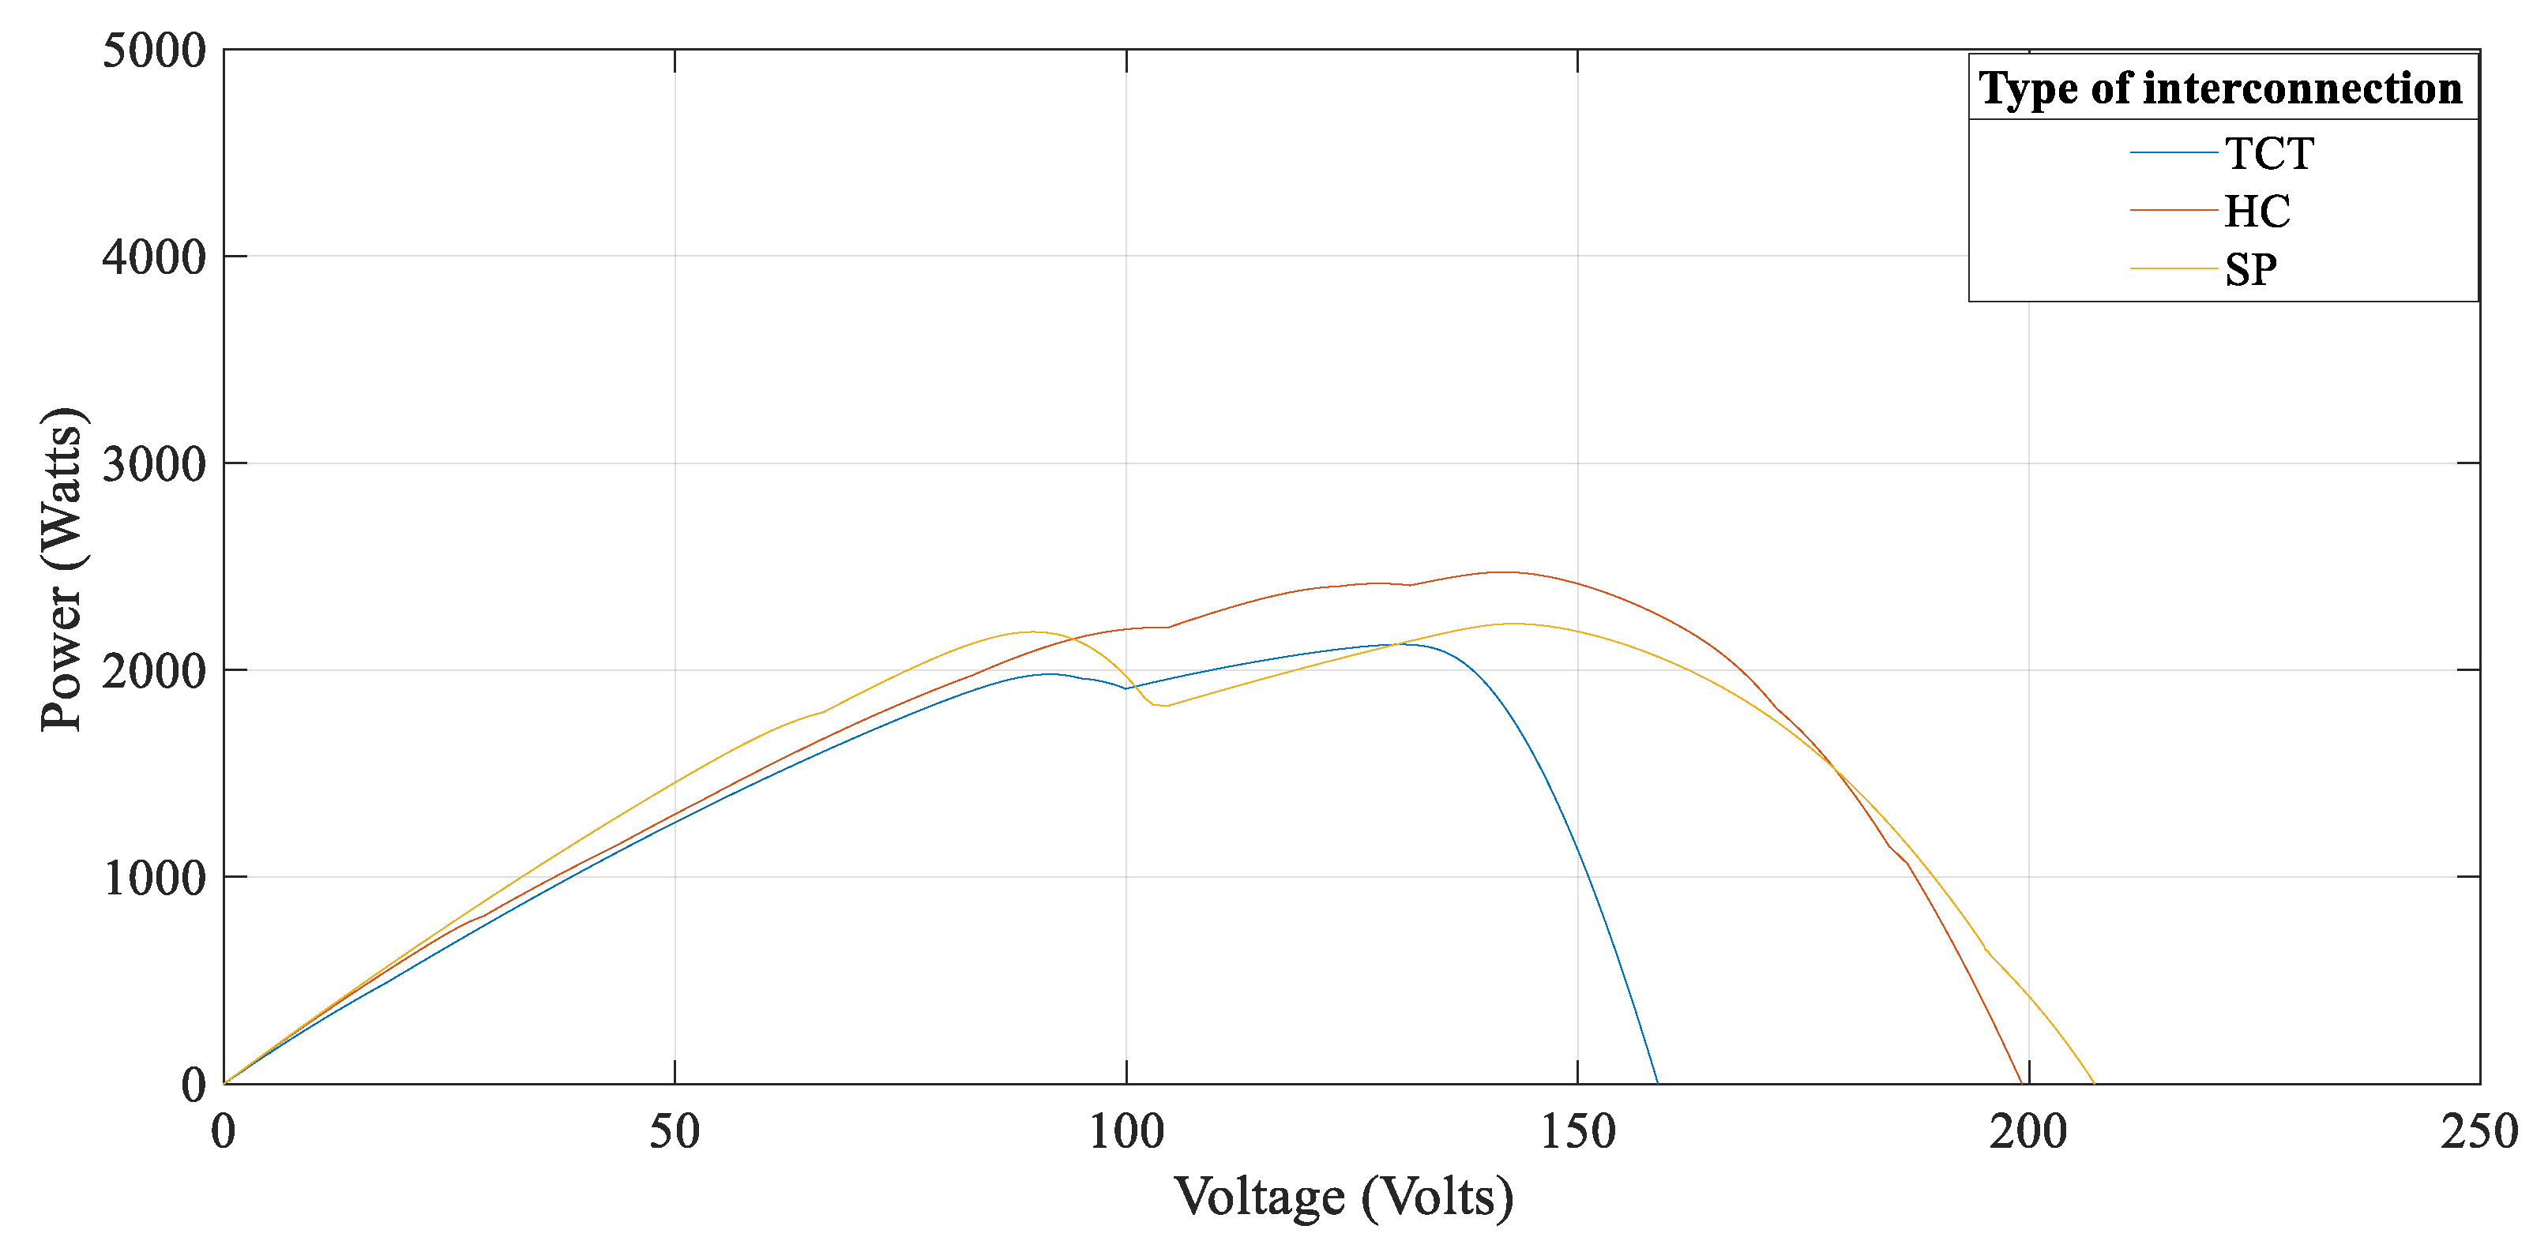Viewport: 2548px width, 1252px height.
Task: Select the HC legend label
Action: tap(2257, 211)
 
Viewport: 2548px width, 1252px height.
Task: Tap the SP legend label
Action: tap(2251, 269)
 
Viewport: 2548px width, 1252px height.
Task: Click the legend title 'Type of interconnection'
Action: tap(2220, 88)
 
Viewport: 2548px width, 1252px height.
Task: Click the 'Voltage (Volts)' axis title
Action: tap(1344, 1197)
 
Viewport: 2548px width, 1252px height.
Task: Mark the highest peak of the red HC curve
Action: tap(1502, 572)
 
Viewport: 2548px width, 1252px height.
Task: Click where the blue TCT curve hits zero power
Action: tap(1658, 1083)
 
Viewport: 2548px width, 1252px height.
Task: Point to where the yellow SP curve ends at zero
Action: tap(2094, 1083)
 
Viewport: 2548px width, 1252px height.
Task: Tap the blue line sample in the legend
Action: tap(2173, 152)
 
